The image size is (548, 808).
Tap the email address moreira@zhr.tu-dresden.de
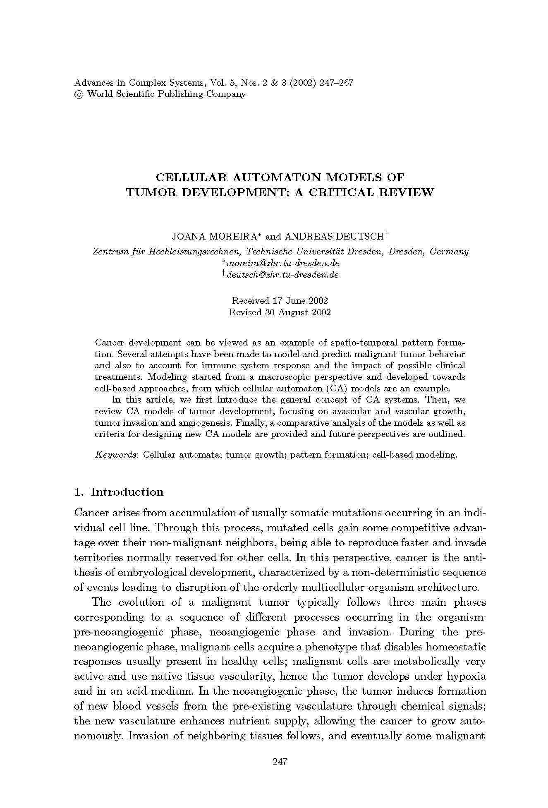(x=283, y=263)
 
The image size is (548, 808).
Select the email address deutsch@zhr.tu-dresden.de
(x=283, y=275)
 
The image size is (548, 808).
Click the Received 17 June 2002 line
(x=280, y=300)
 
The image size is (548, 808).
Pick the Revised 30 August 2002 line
(x=280, y=312)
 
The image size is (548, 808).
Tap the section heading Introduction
(x=127, y=492)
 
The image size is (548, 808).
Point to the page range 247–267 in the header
(x=336, y=83)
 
